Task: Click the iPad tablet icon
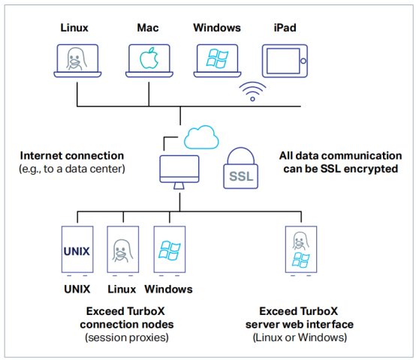(285, 61)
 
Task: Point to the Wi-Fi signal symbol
(252, 92)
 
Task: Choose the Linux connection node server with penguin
(122, 250)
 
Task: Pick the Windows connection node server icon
(168, 250)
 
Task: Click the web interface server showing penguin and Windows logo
(300, 250)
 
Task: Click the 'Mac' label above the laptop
(147, 28)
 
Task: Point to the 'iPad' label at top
(285, 28)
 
